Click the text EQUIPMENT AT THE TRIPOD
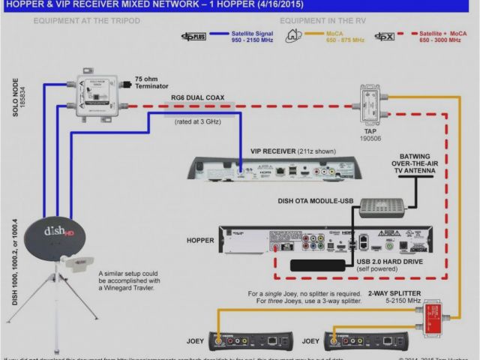72,20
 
